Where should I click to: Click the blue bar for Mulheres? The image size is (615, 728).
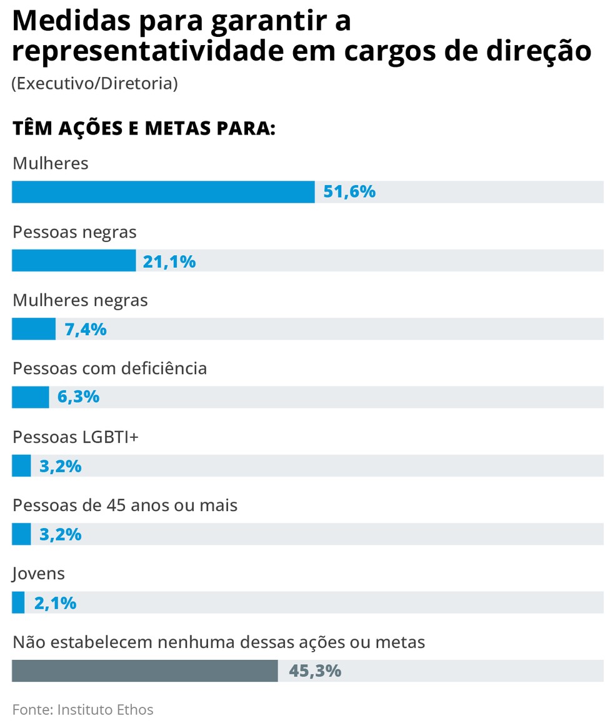coord(163,192)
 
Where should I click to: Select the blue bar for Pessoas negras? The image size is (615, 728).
coord(74,260)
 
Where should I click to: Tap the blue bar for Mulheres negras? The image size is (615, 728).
coord(34,329)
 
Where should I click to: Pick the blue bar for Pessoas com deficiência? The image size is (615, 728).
coord(30,397)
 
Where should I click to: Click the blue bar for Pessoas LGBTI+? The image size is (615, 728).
coord(21,466)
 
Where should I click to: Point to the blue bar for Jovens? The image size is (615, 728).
coord(18,603)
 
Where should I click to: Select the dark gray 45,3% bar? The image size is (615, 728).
coord(145,671)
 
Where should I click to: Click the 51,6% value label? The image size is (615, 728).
coord(349,192)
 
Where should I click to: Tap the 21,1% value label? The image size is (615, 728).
coord(169,261)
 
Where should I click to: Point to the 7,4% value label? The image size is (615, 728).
coord(86,329)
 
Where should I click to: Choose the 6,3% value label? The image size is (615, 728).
coord(79,397)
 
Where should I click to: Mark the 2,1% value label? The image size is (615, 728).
coord(55,603)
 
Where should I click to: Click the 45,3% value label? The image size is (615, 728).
coord(315,671)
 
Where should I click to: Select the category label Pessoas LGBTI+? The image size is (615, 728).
coord(76,437)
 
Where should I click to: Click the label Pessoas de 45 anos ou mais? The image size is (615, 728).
coord(125,505)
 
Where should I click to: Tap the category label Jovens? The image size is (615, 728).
coord(39,573)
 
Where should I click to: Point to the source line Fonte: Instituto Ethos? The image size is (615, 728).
coord(82,709)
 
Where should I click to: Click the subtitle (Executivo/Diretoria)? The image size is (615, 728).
coord(94,83)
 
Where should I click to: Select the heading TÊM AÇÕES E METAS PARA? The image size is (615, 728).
coord(144,129)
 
